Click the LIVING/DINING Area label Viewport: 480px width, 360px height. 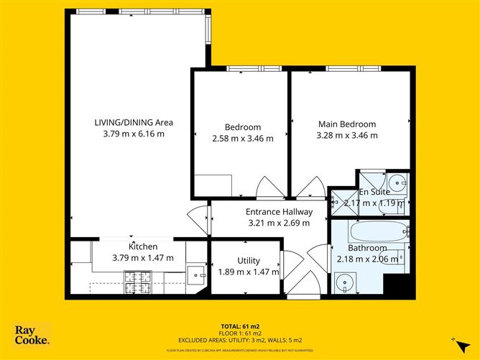pos(134,122)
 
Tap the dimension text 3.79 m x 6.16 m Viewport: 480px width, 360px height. pos(134,134)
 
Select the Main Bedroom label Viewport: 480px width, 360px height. pos(347,123)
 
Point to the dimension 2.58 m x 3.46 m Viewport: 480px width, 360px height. pos(242,139)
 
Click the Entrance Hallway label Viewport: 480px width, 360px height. pos(279,212)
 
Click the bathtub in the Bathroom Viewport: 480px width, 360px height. pos(377,233)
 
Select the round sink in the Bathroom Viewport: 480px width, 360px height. pos(349,280)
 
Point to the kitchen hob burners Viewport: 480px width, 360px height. pos(134,281)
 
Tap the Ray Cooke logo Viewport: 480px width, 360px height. pos(32,336)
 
